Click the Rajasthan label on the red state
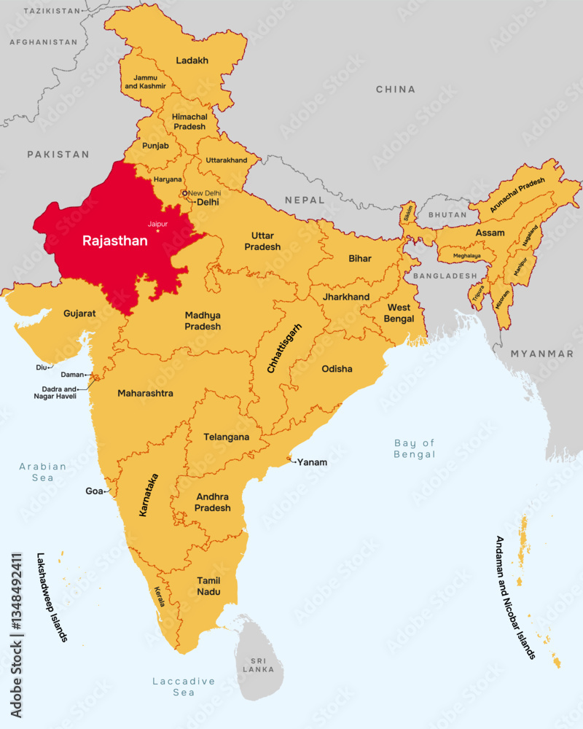(114, 240)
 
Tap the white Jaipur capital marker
(157, 231)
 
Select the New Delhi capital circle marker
(185, 193)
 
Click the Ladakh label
(192, 61)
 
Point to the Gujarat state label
(79, 313)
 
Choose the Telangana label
(226, 437)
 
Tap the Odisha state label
(337, 369)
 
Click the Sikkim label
(408, 213)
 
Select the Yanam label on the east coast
(312, 462)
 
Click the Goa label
(94, 491)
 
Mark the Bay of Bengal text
(414, 448)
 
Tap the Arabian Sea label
(42, 472)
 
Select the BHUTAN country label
(447, 215)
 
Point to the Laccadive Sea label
(184, 686)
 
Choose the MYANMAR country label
(541, 354)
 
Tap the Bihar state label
(360, 258)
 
